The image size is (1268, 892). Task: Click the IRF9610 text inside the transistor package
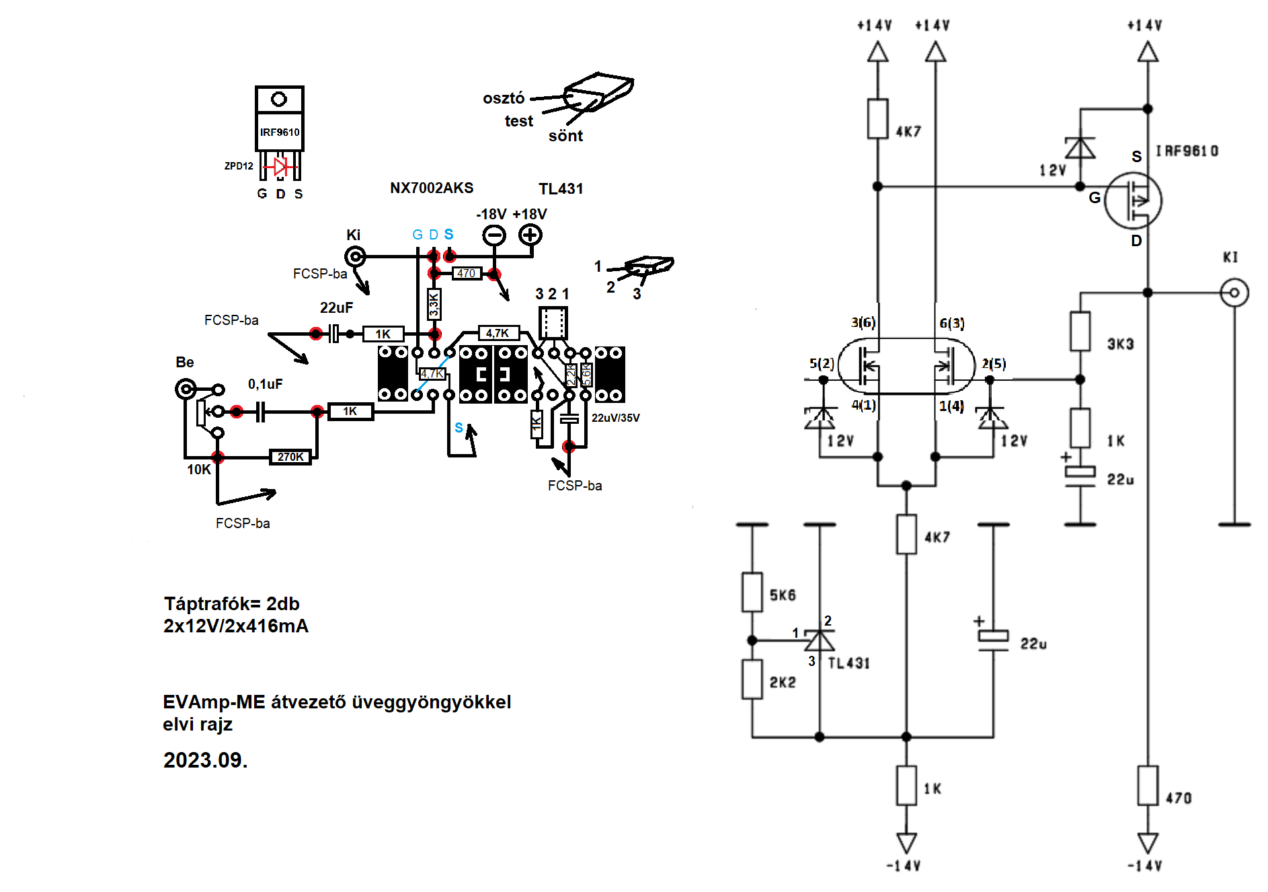pyautogui.click(x=280, y=133)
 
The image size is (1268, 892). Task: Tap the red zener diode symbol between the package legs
pyautogui.click(x=280, y=165)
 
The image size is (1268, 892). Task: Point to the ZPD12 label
pyautogui.click(x=239, y=165)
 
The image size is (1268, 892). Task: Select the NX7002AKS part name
pyautogui.click(x=432, y=188)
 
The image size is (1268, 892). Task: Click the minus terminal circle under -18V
pyautogui.click(x=494, y=235)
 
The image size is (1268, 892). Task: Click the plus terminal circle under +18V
pyautogui.click(x=530, y=235)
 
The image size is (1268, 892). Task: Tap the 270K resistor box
pyautogui.click(x=290, y=457)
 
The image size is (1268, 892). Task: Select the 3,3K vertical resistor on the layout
pyautogui.click(x=434, y=305)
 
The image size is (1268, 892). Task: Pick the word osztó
pyautogui.click(x=504, y=98)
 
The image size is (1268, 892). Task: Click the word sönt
pyautogui.click(x=565, y=136)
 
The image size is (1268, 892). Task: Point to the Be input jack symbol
pyautogui.click(x=186, y=389)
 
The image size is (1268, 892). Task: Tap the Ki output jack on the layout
pyautogui.click(x=355, y=256)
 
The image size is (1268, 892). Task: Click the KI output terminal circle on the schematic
pyautogui.click(x=1234, y=293)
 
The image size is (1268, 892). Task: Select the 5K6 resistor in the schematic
pyautogui.click(x=752, y=593)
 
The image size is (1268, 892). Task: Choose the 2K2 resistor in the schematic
pyautogui.click(x=752, y=679)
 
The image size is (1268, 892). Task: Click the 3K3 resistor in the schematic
pyautogui.click(x=1080, y=331)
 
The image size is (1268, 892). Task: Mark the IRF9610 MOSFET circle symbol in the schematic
pyautogui.click(x=1134, y=200)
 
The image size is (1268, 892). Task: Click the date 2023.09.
pyautogui.click(x=206, y=760)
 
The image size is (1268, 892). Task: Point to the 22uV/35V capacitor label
pyautogui.click(x=615, y=418)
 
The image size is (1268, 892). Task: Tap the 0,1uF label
pyautogui.click(x=265, y=384)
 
